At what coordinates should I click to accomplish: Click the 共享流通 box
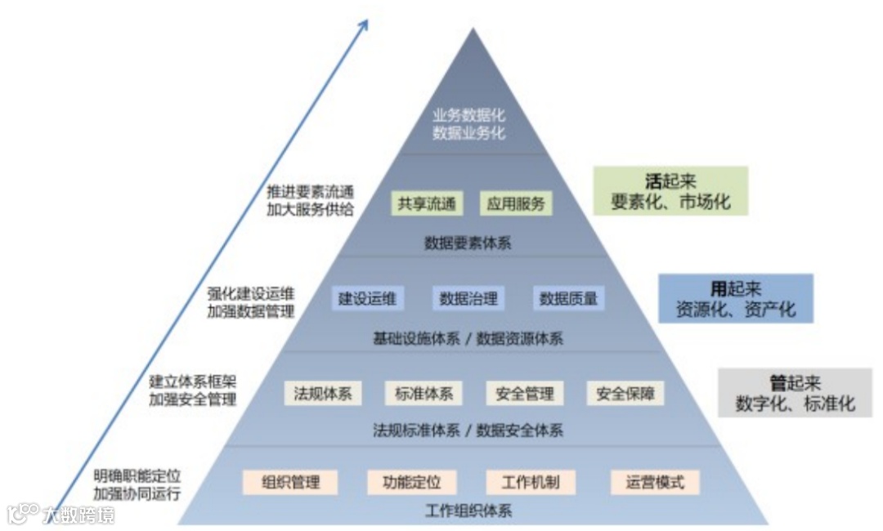click(426, 203)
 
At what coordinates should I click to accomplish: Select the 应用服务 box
click(515, 203)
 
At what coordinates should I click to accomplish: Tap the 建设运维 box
click(367, 298)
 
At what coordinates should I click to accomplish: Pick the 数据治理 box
click(468, 298)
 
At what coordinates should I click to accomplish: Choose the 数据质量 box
click(568, 298)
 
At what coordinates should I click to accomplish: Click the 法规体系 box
click(323, 393)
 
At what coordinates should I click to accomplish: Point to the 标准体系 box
click(424, 393)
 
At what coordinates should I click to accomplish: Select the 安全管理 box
click(524, 393)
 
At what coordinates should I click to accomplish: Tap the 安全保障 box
click(625, 393)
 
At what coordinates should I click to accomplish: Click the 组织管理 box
click(290, 481)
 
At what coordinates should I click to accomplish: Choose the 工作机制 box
click(531, 481)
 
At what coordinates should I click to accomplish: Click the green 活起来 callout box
click(670, 191)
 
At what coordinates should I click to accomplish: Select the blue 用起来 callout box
click(736, 298)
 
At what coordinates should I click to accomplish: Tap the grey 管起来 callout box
click(795, 393)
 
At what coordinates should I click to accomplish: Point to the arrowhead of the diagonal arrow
click(364, 22)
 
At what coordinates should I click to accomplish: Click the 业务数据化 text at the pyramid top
click(469, 116)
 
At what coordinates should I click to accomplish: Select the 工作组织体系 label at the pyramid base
click(469, 511)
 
